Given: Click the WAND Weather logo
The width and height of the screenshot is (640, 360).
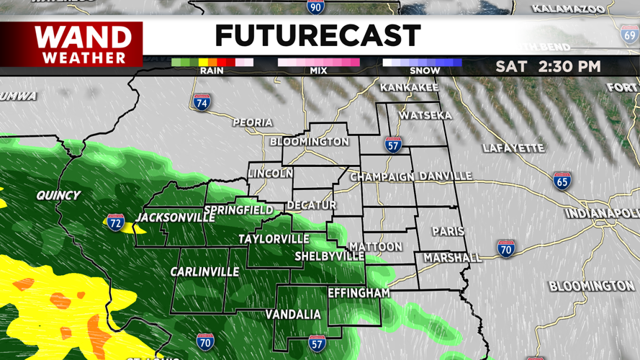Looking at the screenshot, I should pos(84,45).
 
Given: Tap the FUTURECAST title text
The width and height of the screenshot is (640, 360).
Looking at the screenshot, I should pos(317,36).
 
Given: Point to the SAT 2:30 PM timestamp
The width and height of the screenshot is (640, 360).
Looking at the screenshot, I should pos(548,67).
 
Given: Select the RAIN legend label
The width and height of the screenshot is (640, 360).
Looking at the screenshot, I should pos(212,71).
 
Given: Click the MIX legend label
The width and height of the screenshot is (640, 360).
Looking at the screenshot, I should pos(318,71).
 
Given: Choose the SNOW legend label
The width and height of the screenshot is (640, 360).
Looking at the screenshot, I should pos(425,71).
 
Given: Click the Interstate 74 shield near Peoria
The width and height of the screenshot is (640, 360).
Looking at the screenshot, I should pos(202,102).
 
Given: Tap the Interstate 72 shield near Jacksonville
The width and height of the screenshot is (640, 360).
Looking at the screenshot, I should pos(115,222).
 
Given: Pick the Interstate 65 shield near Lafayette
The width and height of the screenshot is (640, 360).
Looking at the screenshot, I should pos(562,180).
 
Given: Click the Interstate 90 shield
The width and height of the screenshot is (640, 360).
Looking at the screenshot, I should pos(315,7).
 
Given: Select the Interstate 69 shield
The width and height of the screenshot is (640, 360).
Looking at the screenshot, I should pos(630,34).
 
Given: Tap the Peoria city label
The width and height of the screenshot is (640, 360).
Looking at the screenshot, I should pos(253,122).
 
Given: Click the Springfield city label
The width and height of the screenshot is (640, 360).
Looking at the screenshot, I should pos(238,211).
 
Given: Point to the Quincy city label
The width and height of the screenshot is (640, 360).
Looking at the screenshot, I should pos(58,195).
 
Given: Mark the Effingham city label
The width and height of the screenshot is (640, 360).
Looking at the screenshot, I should pos(359,293).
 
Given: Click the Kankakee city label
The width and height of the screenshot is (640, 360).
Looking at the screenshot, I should pos(409,88).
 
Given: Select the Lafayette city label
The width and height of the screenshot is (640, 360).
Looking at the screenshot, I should pos(513,148).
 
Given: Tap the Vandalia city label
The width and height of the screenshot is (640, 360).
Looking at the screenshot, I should pos(293,315).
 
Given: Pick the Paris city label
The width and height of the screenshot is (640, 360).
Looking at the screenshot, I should pos(448,232).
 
